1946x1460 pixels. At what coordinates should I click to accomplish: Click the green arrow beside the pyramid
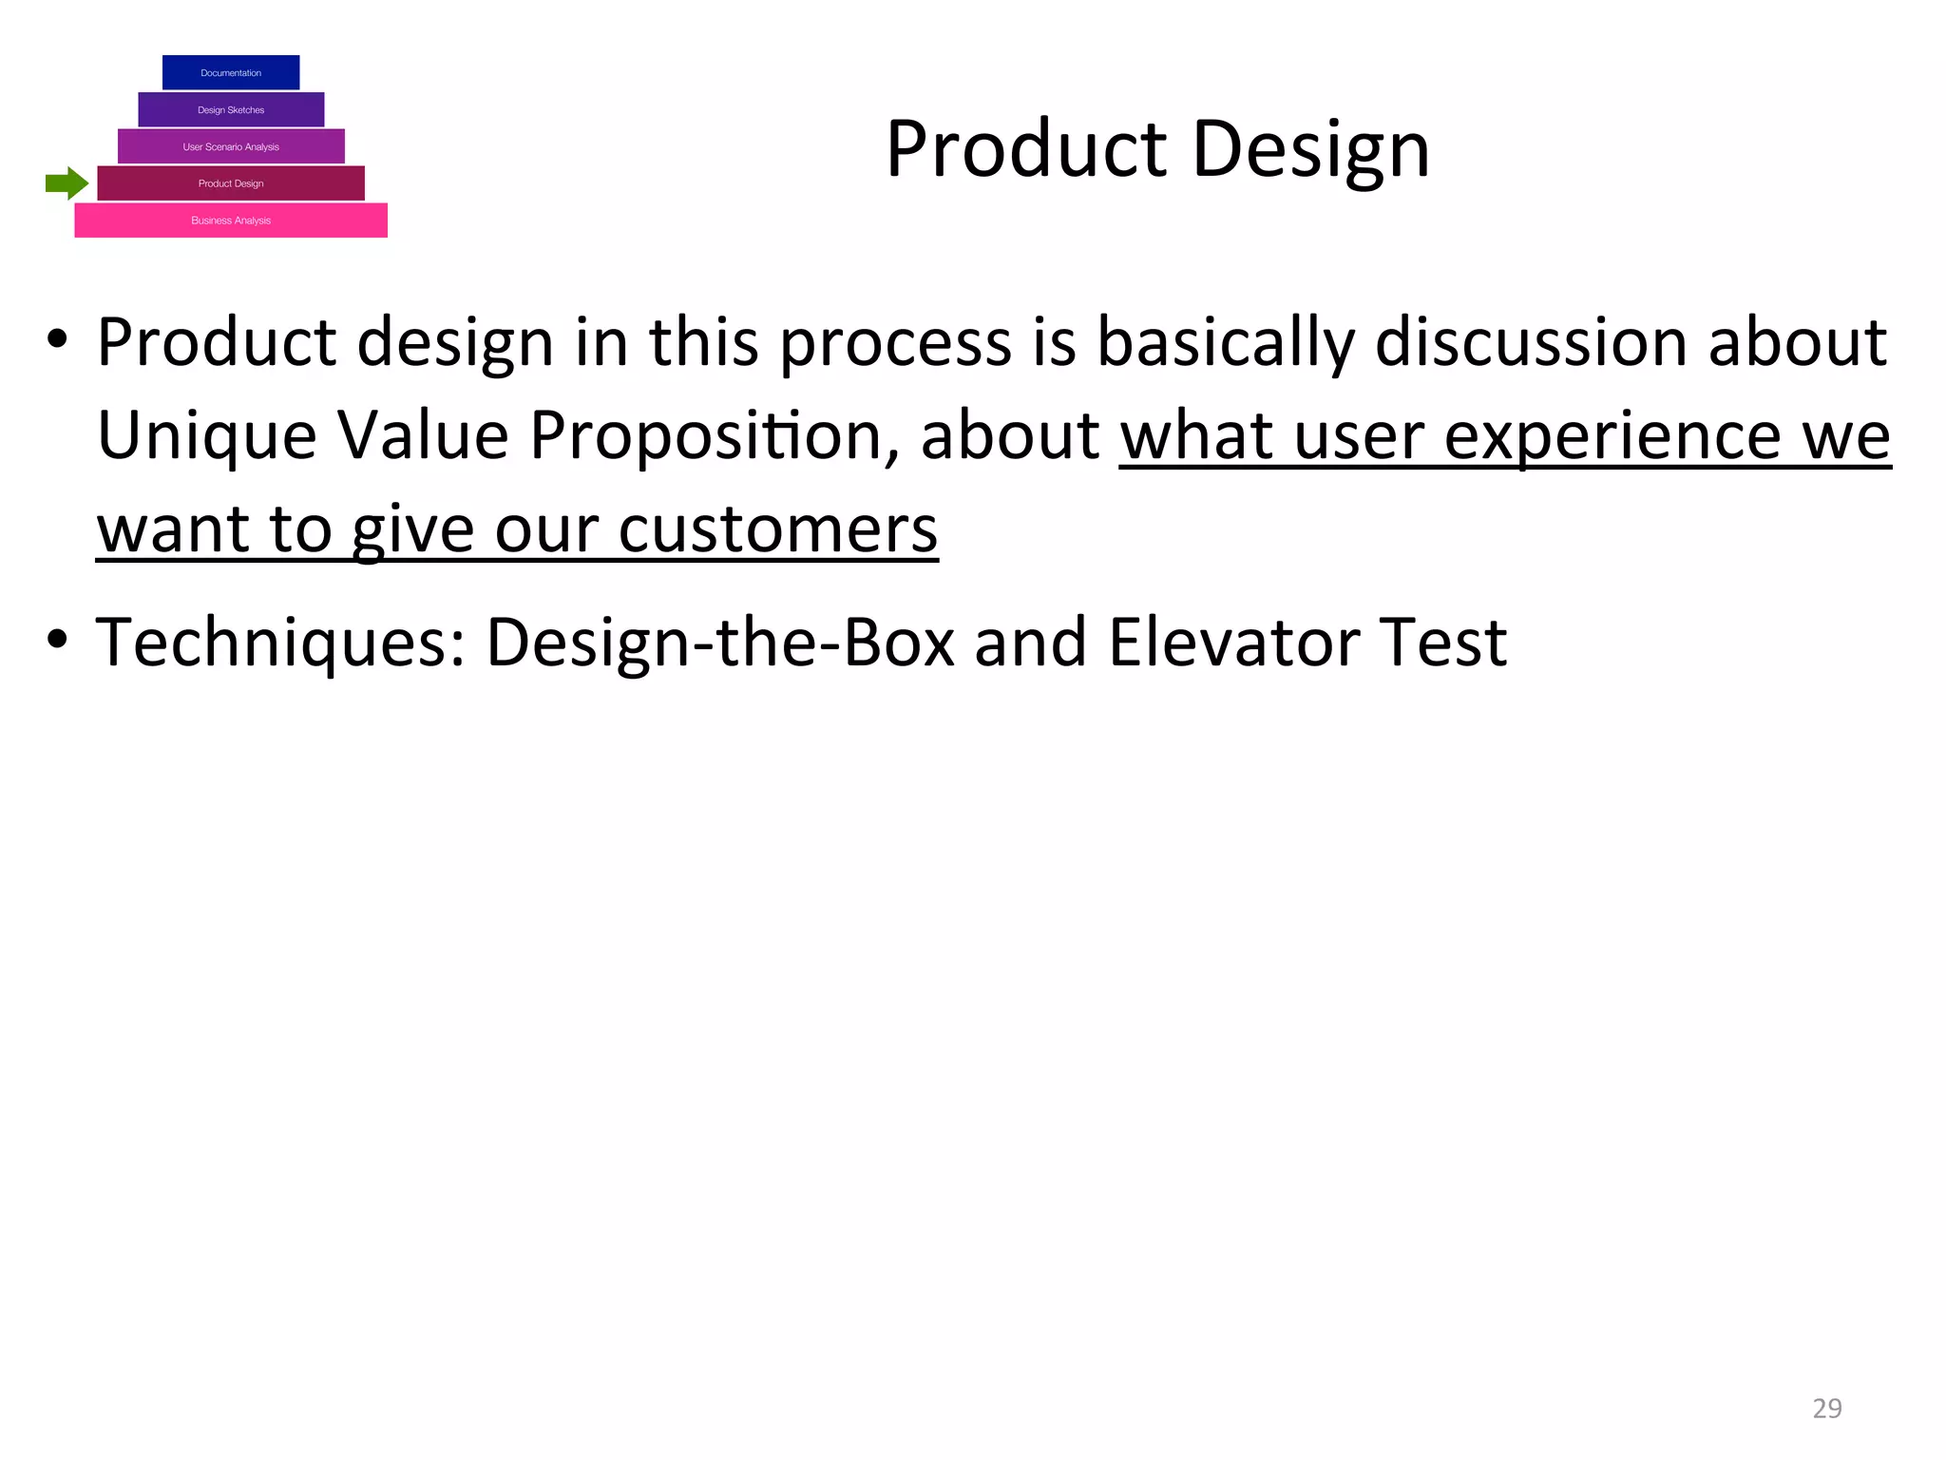point(67,183)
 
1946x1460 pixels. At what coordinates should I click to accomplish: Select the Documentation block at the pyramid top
point(231,72)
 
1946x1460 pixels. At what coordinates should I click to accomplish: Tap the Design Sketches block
point(231,109)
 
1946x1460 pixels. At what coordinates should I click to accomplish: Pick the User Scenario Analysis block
point(231,146)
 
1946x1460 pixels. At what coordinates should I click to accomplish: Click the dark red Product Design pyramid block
point(231,183)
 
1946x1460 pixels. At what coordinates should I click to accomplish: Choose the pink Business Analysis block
point(231,221)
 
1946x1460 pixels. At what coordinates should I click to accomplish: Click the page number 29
point(1826,1408)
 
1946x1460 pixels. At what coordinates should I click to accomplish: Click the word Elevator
point(1232,643)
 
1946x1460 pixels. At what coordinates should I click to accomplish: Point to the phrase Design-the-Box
point(720,643)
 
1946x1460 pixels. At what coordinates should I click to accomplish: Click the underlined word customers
point(777,529)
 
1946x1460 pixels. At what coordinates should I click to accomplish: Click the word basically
point(1225,342)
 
